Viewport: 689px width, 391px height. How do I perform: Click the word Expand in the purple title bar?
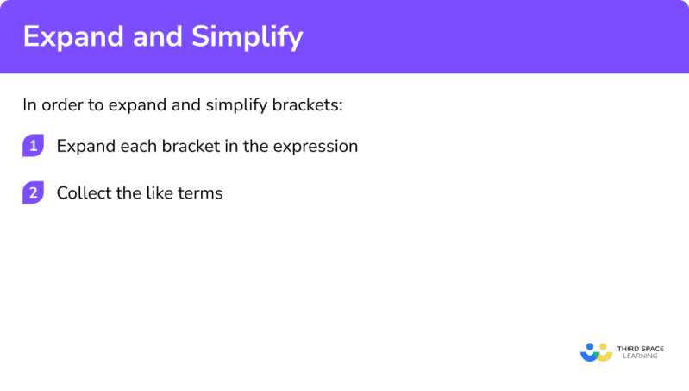click(70, 38)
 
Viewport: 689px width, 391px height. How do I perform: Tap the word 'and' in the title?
click(153, 38)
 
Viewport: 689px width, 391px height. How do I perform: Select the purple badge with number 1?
click(33, 146)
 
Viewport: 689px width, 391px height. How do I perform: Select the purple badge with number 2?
click(33, 192)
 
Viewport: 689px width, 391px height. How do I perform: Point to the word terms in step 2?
click(200, 193)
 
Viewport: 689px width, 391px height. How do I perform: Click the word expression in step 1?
click(316, 147)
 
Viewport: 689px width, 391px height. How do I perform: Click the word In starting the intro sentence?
click(30, 105)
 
